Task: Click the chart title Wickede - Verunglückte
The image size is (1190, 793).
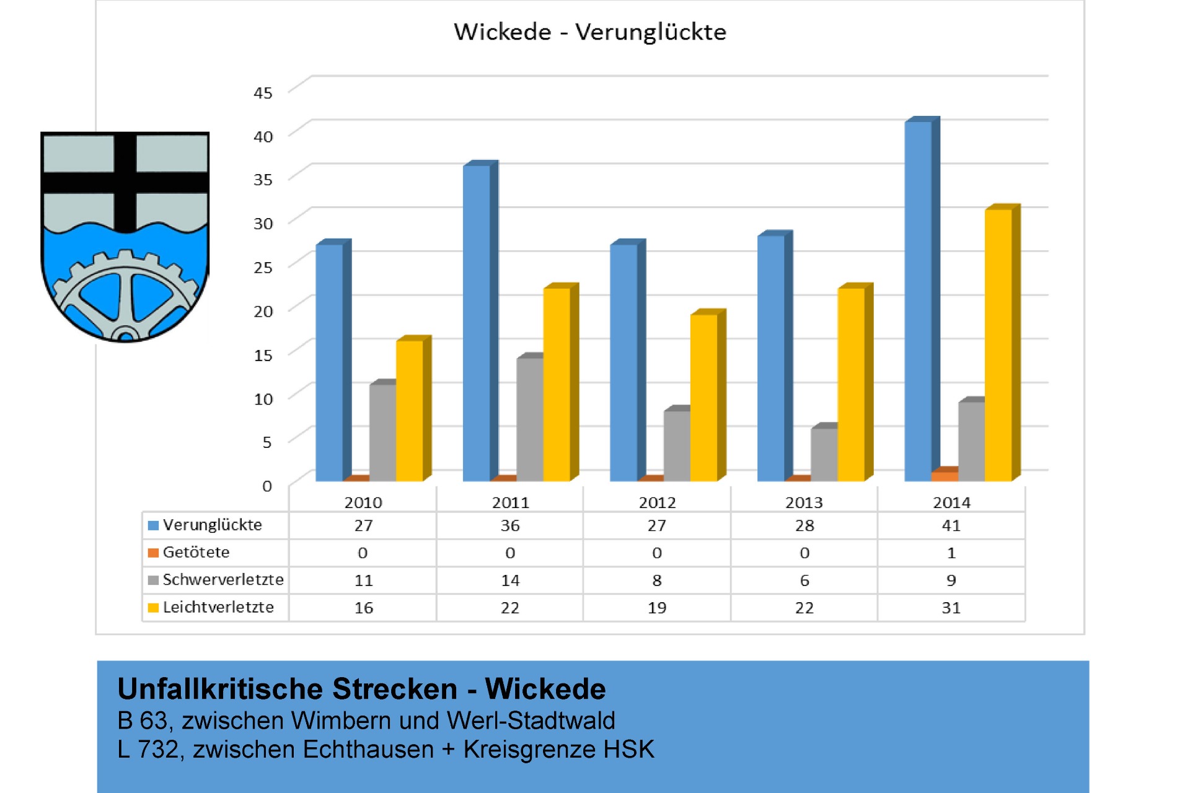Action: pyautogui.click(x=589, y=32)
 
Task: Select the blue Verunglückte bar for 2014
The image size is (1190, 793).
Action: pyautogui.click(x=918, y=300)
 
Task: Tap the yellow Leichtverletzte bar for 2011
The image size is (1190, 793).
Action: pyautogui.click(x=557, y=384)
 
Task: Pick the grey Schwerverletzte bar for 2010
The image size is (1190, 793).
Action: pyautogui.click(x=382, y=432)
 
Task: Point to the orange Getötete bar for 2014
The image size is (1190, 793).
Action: pyautogui.click(x=945, y=475)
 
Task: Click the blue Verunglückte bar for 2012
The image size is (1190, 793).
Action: pyautogui.click(x=624, y=362)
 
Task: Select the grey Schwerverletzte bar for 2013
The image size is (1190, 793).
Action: pyautogui.click(x=824, y=454)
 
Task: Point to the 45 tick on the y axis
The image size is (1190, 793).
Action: pyautogui.click(x=263, y=93)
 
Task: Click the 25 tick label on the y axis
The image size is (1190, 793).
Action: pyautogui.click(x=263, y=268)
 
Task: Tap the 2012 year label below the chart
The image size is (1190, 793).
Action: pyautogui.click(x=657, y=502)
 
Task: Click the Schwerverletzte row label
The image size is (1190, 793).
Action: pyautogui.click(x=223, y=580)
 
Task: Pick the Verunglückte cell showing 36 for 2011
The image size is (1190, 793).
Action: pyautogui.click(x=510, y=525)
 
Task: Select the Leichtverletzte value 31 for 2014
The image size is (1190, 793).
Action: pyautogui.click(x=951, y=608)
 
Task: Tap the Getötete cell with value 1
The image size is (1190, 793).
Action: pyautogui.click(x=951, y=553)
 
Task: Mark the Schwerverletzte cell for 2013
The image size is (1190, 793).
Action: pyautogui.click(x=804, y=581)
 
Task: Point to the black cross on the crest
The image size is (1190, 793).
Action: pyautogui.click(x=125, y=182)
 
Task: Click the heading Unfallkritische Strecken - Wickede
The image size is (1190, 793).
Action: pyautogui.click(x=361, y=689)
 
